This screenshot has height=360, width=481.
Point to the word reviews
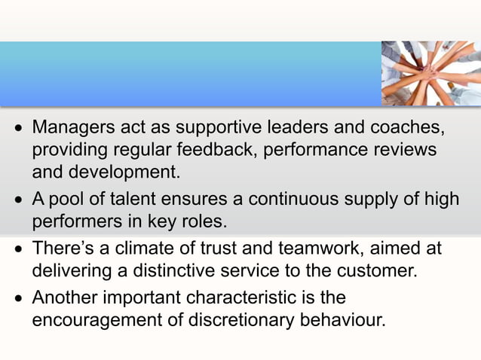point(403,148)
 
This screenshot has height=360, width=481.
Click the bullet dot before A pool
point(18,200)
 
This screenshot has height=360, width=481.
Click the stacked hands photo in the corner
point(430,72)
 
